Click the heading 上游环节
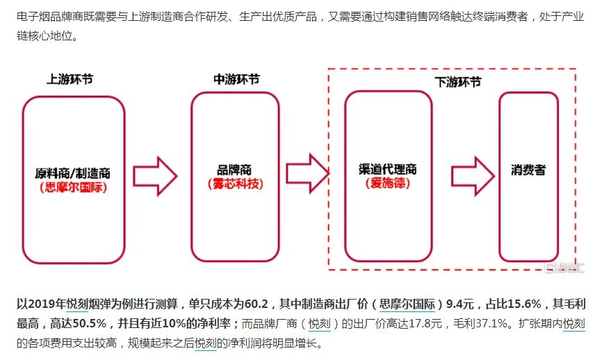tap(70, 79)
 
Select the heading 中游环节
tap(236, 79)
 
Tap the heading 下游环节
tap(458, 81)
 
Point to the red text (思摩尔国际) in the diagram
tap(73, 187)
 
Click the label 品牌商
tap(235, 169)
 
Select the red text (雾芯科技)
tap(235, 183)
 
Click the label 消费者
tap(528, 170)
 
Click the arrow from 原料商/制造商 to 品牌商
tap(156, 176)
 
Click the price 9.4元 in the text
tap(462, 304)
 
